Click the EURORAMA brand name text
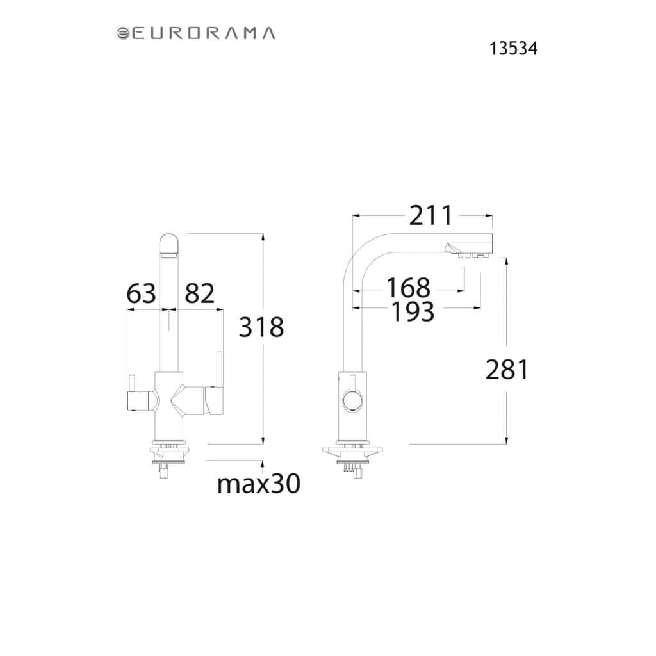click(x=204, y=33)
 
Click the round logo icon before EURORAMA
click(x=122, y=33)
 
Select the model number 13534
click(x=513, y=49)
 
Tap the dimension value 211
click(x=430, y=216)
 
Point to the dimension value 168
click(x=408, y=288)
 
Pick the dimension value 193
click(x=413, y=312)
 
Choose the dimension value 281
click(x=507, y=370)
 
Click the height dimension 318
click(x=261, y=327)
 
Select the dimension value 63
click(x=141, y=293)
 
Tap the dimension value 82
click(x=200, y=293)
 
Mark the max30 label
click(x=259, y=484)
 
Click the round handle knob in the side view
click(x=353, y=400)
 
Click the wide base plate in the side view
click(x=353, y=451)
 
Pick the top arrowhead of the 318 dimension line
click(x=263, y=237)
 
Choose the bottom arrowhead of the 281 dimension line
click(x=507, y=440)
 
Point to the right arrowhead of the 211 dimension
click(x=489, y=216)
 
